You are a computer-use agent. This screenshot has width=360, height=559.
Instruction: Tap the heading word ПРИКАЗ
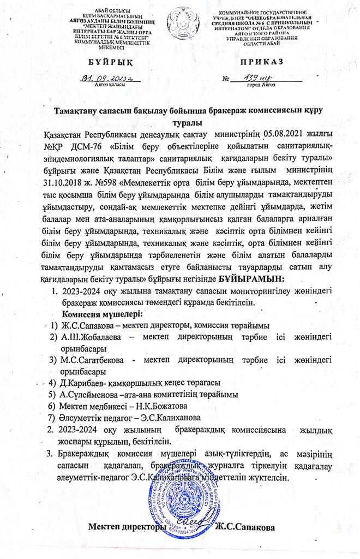(259, 62)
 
